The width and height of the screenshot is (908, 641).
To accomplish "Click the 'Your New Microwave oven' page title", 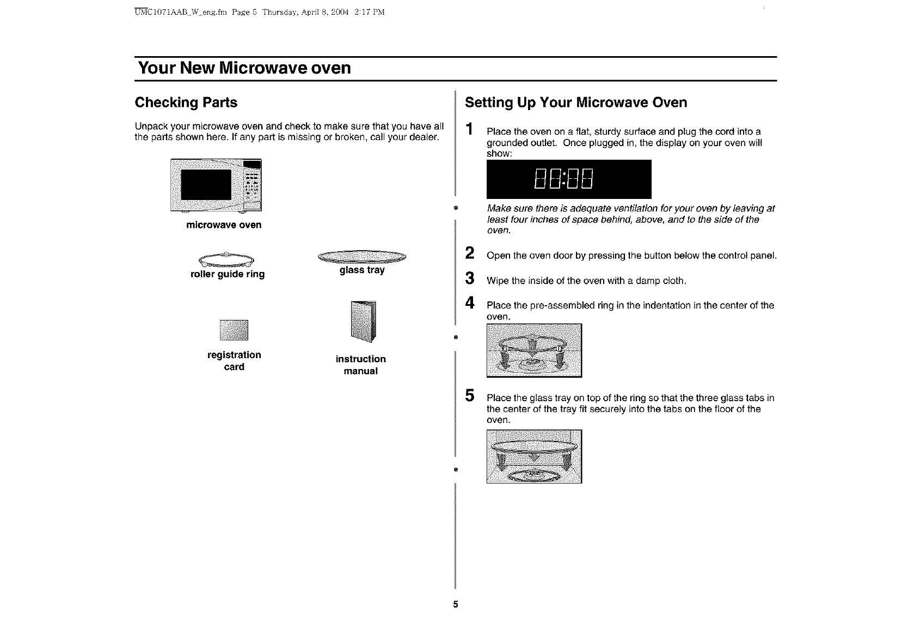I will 244,69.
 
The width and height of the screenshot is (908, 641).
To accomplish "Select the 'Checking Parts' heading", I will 186,102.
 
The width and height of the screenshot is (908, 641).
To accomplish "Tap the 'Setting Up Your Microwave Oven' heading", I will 576,102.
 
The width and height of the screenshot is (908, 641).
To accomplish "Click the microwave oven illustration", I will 216,186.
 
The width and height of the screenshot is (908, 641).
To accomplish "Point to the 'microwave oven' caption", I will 224,225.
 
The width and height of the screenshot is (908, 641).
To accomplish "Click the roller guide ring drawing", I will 227,259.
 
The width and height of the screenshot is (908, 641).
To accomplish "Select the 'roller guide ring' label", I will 228,274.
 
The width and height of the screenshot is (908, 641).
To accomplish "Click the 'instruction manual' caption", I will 360,365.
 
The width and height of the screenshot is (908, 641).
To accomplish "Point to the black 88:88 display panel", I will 568,179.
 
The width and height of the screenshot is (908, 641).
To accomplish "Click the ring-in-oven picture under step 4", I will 534,350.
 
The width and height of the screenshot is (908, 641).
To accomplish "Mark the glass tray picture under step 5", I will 534,456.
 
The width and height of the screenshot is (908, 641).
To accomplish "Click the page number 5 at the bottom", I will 456,604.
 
